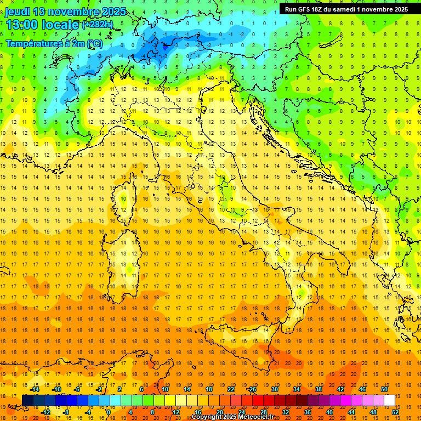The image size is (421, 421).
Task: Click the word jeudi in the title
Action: (x=18, y=12)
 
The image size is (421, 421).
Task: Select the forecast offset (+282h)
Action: (x=99, y=25)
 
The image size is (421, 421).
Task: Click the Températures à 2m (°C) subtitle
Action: (x=54, y=43)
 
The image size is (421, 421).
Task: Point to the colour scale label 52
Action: (x=394, y=412)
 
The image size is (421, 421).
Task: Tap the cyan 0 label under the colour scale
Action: (x=108, y=412)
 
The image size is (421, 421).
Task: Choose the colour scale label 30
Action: (x=275, y=389)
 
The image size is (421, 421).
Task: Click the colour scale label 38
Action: (x=318, y=389)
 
